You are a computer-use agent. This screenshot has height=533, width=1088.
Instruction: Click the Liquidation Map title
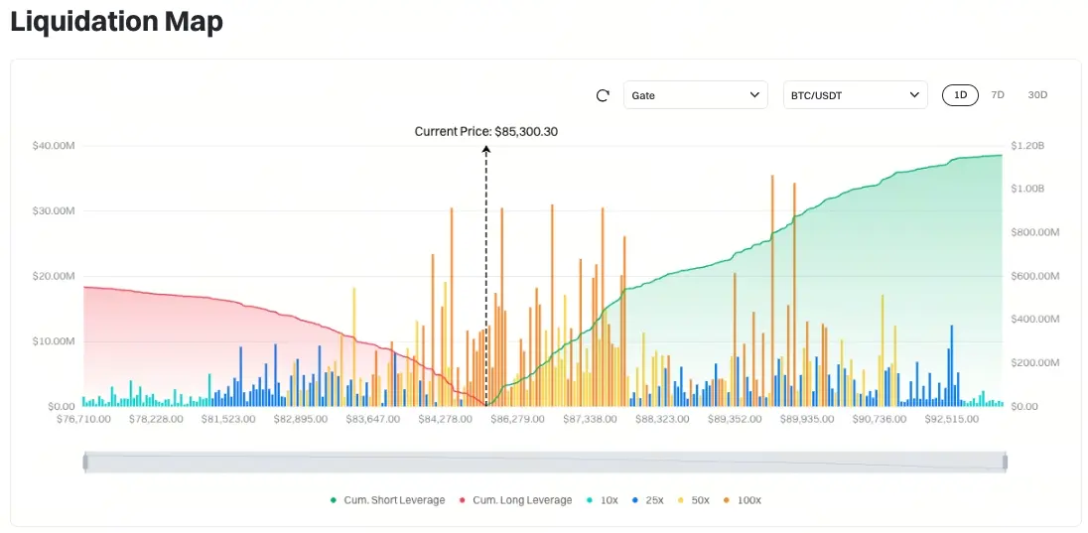[x=116, y=22]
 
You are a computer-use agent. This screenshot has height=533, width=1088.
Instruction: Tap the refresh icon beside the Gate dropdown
[x=603, y=95]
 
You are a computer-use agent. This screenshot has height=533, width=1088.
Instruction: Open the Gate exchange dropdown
[x=695, y=95]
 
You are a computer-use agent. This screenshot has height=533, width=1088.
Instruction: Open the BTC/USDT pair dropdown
[x=855, y=95]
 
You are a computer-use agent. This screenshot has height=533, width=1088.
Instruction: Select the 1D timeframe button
[x=960, y=95]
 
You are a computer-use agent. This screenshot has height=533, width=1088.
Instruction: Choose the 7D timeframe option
[x=998, y=95]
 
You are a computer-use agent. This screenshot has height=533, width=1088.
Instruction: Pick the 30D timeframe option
[x=1037, y=95]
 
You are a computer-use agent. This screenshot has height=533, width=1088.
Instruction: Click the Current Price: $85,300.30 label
[x=486, y=131]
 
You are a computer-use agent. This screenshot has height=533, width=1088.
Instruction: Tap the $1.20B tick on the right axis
[x=1028, y=146]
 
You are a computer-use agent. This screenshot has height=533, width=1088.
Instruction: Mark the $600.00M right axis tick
[x=1035, y=276]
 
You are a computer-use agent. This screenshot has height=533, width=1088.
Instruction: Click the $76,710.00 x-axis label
[x=83, y=420]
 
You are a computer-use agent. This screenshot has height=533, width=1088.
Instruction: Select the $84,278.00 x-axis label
[x=447, y=420]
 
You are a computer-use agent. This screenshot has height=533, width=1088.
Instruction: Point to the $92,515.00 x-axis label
[x=953, y=420]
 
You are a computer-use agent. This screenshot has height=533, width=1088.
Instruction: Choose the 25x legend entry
[x=650, y=500]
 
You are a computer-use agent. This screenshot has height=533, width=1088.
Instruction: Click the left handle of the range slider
[x=85, y=462]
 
